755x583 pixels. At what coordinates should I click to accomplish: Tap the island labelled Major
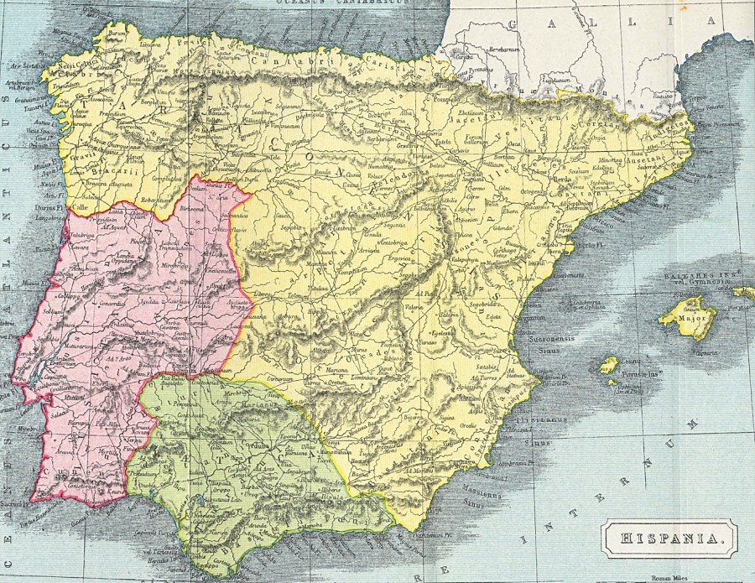(x=689, y=319)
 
